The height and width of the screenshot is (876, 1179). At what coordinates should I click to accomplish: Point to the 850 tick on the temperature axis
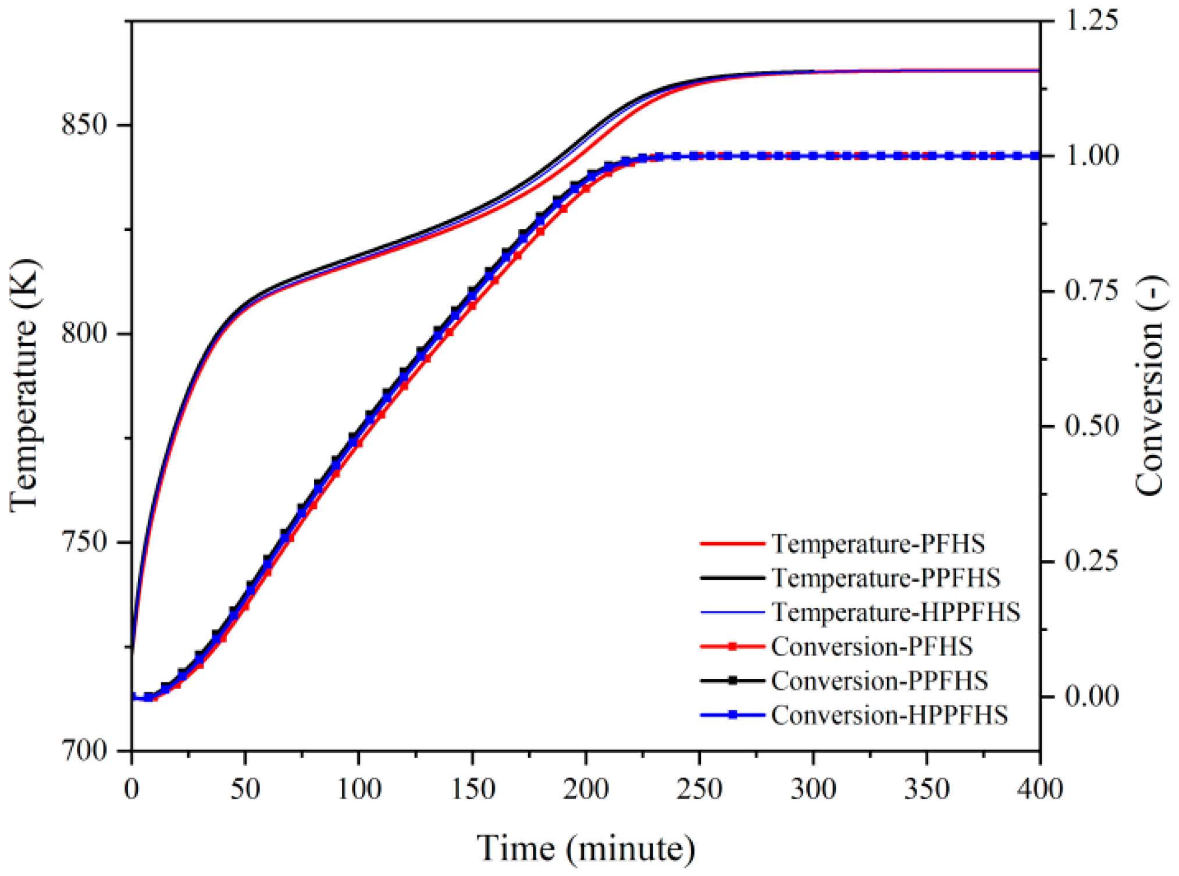point(85,125)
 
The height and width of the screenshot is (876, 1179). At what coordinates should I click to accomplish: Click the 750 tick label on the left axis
point(85,542)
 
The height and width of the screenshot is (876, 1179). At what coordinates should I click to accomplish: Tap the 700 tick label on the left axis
point(85,750)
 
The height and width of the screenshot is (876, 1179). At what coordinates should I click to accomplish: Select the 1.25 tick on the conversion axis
point(1092,21)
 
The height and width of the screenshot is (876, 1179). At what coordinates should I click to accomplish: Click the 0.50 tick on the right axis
point(1092,426)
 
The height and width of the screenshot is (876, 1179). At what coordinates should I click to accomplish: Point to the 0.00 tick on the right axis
point(1092,696)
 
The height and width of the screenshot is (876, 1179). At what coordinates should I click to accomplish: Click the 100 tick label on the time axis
point(359,790)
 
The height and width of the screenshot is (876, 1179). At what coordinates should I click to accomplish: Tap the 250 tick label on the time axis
point(699,790)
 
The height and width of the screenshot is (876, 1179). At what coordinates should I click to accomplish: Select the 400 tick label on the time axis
point(1039,790)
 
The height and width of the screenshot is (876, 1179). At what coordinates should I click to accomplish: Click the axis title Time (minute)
point(586,849)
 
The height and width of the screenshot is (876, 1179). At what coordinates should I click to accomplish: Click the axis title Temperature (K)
point(24,385)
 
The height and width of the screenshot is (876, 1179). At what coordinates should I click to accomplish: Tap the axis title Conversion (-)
point(1149,386)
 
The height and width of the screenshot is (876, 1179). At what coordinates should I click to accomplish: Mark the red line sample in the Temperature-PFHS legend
point(732,544)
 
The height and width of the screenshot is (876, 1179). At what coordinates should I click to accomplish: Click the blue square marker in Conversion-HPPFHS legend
point(732,715)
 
